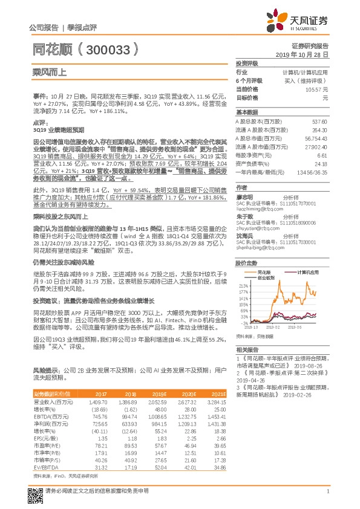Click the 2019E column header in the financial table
pyautogui.click(x=158, y=393)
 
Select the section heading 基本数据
pyautogui.click(x=247, y=112)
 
